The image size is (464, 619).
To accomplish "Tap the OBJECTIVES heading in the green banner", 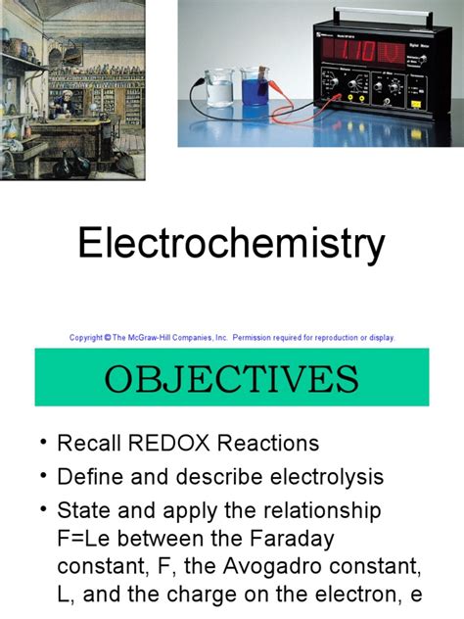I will click(x=232, y=377).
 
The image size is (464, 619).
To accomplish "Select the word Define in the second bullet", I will click(x=91, y=477).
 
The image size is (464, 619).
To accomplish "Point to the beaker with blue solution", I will click(x=255, y=89).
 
